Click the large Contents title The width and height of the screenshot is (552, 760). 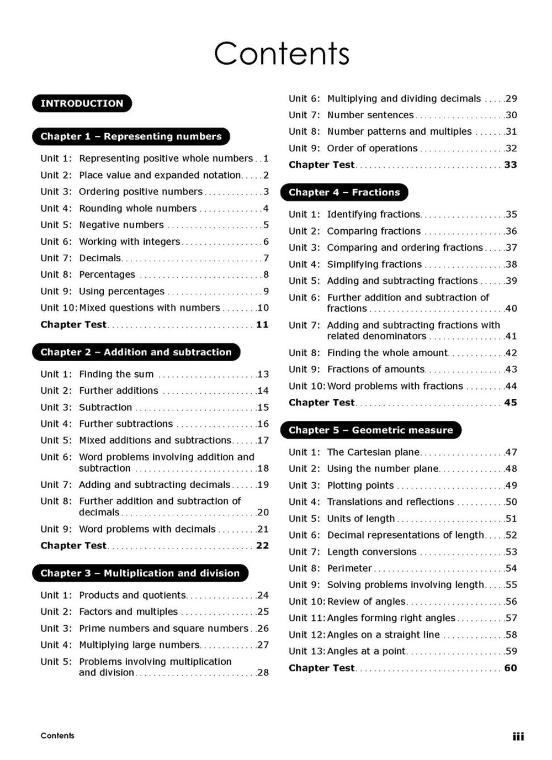pos(282,54)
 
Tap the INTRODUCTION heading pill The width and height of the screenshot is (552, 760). pos(82,103)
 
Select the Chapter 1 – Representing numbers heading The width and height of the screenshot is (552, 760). pos(131,136)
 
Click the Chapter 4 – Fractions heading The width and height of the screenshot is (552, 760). pos(344,192)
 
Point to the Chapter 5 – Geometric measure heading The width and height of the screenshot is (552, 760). pos(370,430)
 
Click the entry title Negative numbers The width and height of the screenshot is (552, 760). pos(121,225)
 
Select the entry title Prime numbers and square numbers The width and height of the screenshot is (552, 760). pos(163,629)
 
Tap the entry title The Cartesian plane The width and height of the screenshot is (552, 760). pos(373,452)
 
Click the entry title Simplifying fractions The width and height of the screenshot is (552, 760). pos(374,265)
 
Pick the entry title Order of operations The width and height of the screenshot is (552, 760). pos(372,148)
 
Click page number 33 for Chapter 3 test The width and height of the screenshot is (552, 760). pos(511,165)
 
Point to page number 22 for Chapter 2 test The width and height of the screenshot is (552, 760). pos(262,546)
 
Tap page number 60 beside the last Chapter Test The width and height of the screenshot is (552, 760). pos(511,668)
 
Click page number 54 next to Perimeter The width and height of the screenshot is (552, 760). pos(511,568)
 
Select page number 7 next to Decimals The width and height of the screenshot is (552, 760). pos(266,258)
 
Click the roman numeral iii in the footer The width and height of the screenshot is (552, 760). pos(518,736)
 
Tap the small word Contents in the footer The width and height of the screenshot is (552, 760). pos(57,736)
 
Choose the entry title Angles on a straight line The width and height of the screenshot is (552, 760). pos(384,635)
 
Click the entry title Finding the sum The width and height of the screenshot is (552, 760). pos(116,374)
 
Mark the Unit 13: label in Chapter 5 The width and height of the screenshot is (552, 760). pos(307,651)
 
